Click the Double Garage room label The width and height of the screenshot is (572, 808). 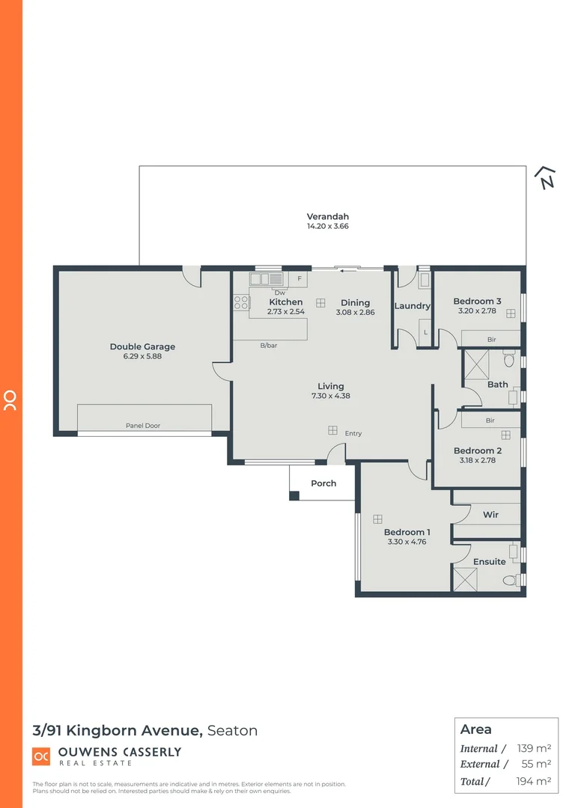click(142, 346)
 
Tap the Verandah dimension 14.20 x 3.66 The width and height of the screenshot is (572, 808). click(328, 226)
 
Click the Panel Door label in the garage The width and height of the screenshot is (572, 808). click(142, 426)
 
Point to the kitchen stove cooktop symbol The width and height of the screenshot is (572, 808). click(241, 302)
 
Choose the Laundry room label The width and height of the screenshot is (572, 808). click(413, 306)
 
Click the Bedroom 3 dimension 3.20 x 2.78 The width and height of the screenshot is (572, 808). click(477, 311)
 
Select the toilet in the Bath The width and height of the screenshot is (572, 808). click(509, 361)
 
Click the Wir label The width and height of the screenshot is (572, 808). click(490, 515)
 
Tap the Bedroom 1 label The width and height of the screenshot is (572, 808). click(407, 532)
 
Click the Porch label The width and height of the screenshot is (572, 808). click(323, 483)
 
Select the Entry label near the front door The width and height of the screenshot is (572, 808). click(353, 433)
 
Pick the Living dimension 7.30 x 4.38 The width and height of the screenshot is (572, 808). click(330, 396)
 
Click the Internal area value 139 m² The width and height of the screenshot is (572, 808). click(535, 748)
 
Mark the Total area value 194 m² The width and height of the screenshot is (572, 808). click(535, 781)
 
